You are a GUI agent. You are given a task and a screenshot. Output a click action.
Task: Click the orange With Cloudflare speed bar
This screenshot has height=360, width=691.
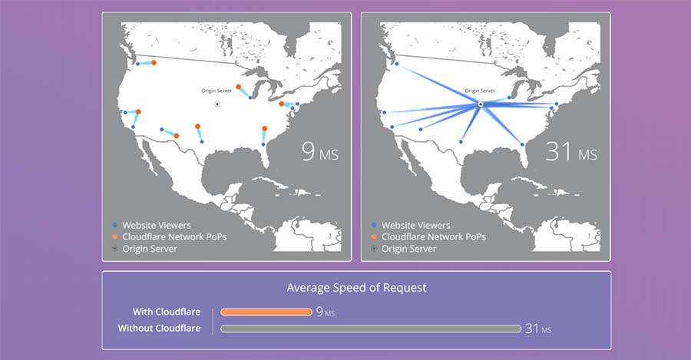(266, 312)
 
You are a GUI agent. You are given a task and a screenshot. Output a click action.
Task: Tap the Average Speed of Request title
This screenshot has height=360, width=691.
(356, 288)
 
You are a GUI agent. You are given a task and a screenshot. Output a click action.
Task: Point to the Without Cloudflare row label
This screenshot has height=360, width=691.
(159, 329)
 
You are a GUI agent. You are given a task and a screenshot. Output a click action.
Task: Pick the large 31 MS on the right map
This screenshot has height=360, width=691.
(571, 152)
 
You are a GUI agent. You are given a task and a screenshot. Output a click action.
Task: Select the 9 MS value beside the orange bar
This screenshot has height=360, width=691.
(325, 312)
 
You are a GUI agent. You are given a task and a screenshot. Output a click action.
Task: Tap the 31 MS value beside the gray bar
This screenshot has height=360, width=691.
(538, 329)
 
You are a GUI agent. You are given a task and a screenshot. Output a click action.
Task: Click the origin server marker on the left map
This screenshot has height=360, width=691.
(217, 104)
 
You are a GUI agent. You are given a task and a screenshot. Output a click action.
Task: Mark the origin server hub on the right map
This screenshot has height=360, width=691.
(480, 104)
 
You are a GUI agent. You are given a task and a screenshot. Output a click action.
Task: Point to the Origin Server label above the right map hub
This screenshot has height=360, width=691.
(480, 91)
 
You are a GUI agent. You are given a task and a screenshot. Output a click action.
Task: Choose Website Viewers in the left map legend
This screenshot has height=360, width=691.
(154, 225)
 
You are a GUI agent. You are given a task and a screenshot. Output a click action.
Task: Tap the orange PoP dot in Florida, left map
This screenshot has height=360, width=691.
(265, 128)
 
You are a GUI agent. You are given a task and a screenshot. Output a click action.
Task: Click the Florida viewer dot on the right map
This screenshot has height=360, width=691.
(524, 144)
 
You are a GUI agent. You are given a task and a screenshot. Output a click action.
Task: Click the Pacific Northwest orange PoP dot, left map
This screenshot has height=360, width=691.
(154, 62)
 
